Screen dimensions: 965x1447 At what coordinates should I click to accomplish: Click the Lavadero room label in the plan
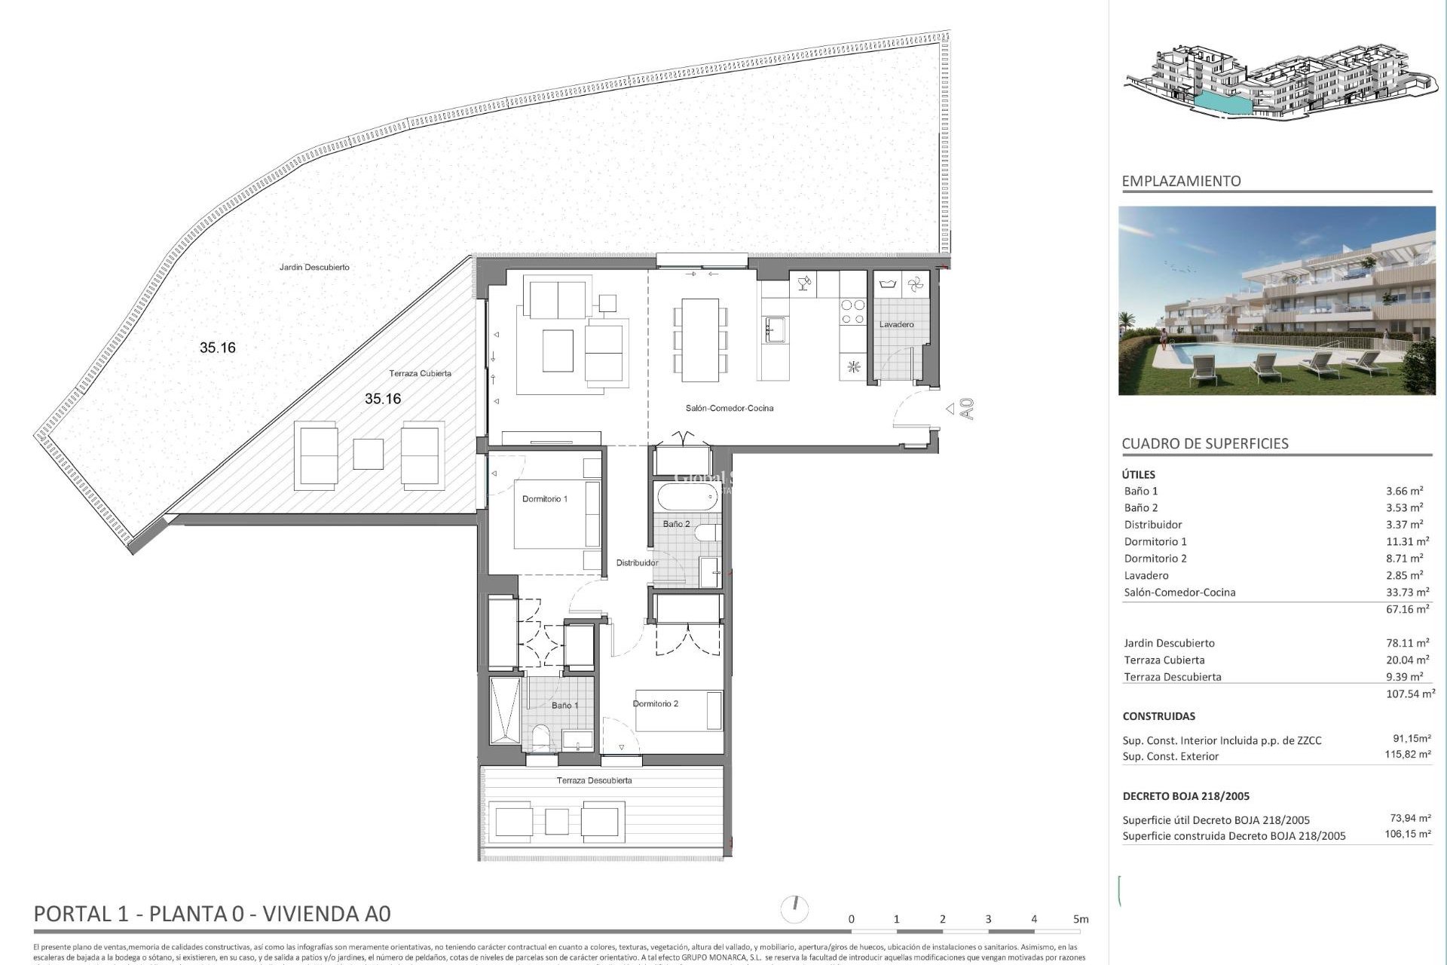[896, 325]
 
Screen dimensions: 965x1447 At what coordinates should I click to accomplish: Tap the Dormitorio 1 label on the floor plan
[544, 499]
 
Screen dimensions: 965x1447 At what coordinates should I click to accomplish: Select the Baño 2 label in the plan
[676, 524]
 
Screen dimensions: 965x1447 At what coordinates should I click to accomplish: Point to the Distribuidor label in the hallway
[637, 563]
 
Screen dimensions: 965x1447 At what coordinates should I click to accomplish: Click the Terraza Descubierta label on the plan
[594, 781]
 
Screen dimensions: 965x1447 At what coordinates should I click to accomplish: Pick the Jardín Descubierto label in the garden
[314, 268]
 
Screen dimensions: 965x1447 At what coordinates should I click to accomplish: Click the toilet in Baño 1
[540, 737]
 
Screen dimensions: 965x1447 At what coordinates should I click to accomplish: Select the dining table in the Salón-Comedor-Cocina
[700, 339]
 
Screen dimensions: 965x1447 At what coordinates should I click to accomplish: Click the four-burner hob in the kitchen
[853, 312]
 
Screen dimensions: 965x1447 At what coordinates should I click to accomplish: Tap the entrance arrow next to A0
[950, 409]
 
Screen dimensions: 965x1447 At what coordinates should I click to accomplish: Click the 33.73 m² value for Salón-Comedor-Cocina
[1407, 593]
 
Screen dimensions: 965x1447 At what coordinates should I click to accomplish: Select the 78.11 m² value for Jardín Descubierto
[1407, 643]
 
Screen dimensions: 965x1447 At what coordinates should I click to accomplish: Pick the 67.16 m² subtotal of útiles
[1407, 609]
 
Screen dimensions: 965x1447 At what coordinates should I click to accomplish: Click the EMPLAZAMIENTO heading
[1181, 181]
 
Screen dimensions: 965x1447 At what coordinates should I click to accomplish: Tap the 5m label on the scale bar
[1081, 919]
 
